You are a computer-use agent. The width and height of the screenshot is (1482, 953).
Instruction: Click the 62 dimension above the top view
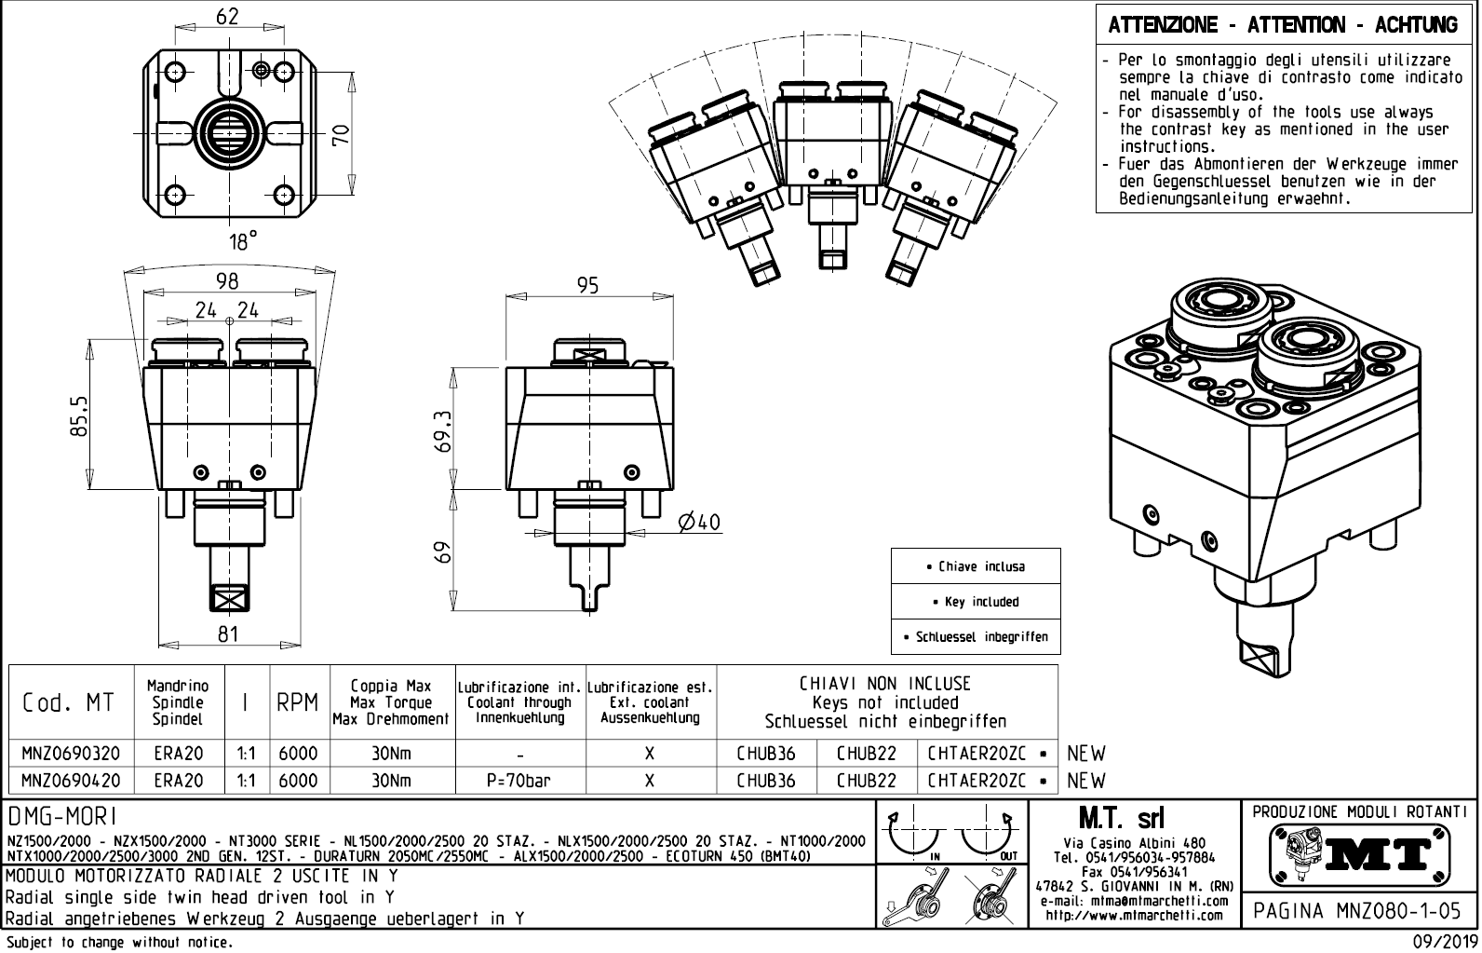[x=227, y=16]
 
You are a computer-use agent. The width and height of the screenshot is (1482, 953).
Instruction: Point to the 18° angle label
[x=243, y=242]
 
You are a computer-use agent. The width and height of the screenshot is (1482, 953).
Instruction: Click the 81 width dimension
[x=229, y=633]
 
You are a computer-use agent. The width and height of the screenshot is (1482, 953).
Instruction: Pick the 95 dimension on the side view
[x=587, y=285]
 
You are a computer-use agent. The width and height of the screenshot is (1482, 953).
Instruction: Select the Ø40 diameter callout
[x=700, y=523]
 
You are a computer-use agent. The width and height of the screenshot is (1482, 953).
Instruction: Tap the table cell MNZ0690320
[x=71, y=753]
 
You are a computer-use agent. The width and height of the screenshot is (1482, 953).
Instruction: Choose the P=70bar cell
[x=519, y=781]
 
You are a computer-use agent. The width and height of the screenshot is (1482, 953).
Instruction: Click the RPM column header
[x=298, y=702]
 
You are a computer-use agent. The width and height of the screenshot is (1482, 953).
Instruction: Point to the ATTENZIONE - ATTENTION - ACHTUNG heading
[x=1283, y=25]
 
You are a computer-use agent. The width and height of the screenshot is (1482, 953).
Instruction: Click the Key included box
[x=976, y=602]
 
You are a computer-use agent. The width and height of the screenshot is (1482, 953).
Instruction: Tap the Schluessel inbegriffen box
[x=976, y=637]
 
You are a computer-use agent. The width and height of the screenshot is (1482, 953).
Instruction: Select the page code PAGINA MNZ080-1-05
[x=1358, y=910]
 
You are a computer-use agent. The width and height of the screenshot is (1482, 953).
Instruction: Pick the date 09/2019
[x=1441, y=942]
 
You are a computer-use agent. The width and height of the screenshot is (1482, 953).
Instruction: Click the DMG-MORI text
[x=63, y=817]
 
